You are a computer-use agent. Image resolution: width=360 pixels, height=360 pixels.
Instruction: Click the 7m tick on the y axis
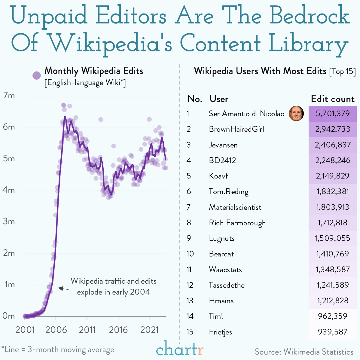pos(9,96)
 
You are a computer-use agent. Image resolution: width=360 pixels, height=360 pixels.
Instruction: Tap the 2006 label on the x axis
pos(56,330)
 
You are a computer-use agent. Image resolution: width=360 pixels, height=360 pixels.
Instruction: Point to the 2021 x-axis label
pos(149,330)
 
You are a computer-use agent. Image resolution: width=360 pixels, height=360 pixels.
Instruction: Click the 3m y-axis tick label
pos(9,221)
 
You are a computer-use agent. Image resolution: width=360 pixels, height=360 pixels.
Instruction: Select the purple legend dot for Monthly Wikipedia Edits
pos(37,75)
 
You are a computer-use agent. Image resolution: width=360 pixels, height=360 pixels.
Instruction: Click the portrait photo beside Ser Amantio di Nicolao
pos(296,114)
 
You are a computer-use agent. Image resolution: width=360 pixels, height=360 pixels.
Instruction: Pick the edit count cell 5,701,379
pos(333,114)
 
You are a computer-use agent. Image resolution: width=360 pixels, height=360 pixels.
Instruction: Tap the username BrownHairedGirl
pos(236,129)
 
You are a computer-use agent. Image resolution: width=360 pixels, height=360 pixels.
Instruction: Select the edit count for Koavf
pos(333,176)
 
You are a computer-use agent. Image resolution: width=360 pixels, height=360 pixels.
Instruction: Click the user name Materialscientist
pos(235,207)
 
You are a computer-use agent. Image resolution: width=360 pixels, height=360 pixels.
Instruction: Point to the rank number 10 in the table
pos(190,254)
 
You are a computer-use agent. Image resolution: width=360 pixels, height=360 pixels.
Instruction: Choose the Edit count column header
pos(333,99)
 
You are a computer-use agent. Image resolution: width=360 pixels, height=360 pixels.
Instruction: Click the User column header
pos(219,99)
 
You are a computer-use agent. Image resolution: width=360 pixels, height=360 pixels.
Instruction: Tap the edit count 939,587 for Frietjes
pos(333,332)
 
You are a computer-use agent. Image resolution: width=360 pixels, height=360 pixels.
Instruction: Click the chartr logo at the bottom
pos(180,349)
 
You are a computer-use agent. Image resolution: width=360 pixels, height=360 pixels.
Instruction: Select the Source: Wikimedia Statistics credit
pos(304,352)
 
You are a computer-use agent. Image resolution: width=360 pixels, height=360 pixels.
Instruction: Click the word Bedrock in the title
pos(310,16)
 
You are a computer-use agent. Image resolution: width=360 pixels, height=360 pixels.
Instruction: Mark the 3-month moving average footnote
pos(58,349)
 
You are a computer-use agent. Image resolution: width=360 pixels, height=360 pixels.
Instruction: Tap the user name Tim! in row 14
pos(216,316)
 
